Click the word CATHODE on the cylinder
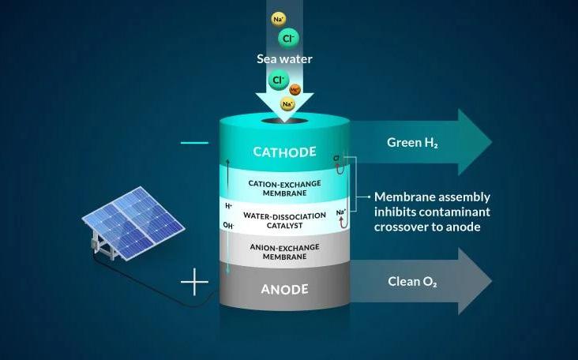click(x=284, y=152)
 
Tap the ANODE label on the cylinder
click(x=284, y=289)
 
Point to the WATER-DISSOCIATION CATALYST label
click(x=284, y=218)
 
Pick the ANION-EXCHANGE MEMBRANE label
click(x=284, y=252)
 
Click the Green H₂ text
click(x=414, y=143)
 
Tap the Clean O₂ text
click(x=414, y=281)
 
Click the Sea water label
click(x=285, y=58)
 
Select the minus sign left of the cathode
click(x=194, y=143)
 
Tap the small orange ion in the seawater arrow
click(x=295, y=90)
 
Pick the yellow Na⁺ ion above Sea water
click(x=278, y=20)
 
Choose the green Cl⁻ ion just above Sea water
click(x=286, y=38)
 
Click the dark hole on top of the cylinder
click(x=285, y=122)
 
